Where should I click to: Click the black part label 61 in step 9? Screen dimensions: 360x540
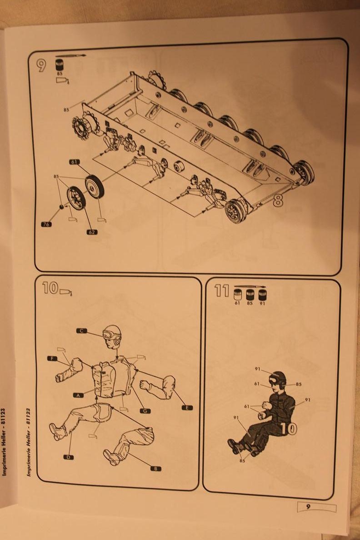(x=75, y=162)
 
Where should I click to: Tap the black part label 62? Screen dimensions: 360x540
(x=92, y=232)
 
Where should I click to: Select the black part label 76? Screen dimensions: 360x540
(x=46, y=225)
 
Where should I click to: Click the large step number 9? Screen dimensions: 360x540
(x=41, y=65)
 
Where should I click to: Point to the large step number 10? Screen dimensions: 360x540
(x=50, y=288)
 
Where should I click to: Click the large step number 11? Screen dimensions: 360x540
(x=222, y=291)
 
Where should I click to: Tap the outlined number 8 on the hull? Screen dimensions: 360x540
(x=278, y=200)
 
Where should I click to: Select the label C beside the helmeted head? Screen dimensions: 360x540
(x=81, y=331)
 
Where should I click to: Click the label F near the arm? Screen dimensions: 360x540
(x=52, y=359)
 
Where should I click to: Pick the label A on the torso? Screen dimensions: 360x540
(x=79, y=395)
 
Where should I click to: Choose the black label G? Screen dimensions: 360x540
(x=145, y=410)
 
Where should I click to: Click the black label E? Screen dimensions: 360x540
(x=187, y=408)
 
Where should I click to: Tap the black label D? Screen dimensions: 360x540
(x=69, y=457)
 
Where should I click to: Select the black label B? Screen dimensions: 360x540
(x=156, y=468)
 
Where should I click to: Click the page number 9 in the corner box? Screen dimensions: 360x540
(x=308, y=507)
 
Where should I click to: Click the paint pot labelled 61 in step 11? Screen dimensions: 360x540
(x=237, y=295)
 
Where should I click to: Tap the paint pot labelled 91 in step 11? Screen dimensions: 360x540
(x=263, y=295)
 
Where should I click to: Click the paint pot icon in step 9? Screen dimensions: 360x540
(x=60, y=65)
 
